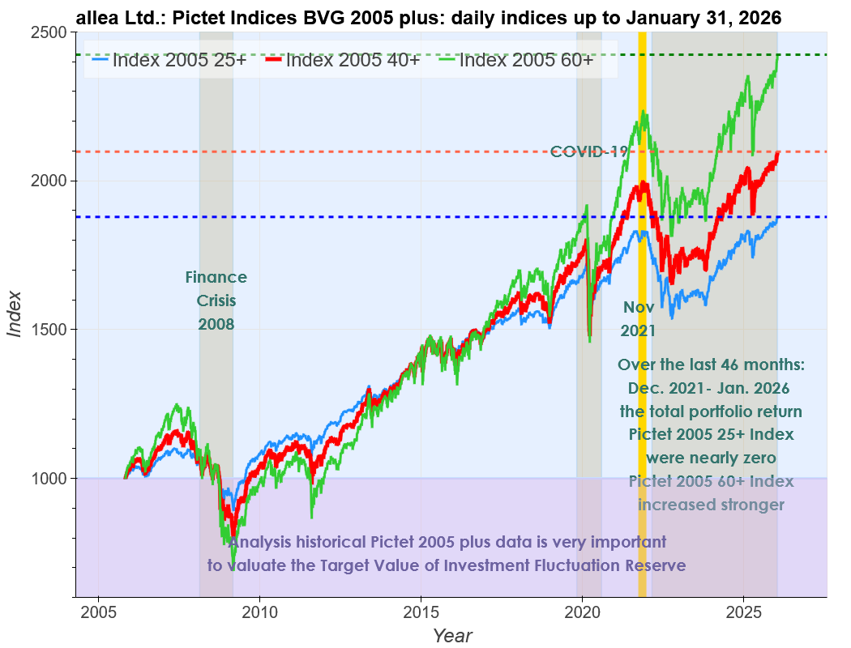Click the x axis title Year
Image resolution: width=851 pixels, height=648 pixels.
coord(451,635)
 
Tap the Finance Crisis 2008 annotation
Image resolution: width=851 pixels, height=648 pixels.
coord(216,301)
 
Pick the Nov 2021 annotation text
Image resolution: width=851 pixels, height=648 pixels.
coord(638,319)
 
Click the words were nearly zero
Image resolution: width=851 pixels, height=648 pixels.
coord(711,458)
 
